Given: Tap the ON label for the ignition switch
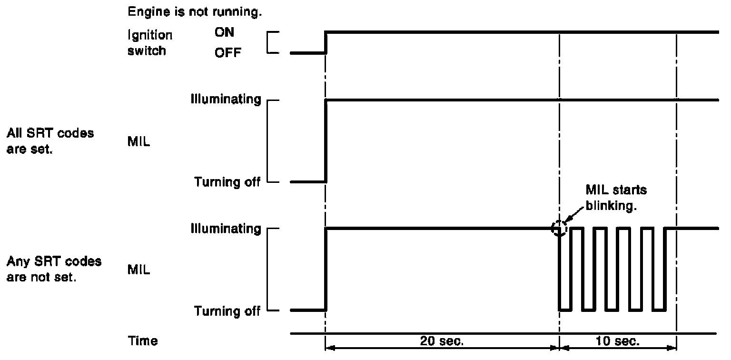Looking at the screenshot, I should pyautogui.click(x=224, y=32).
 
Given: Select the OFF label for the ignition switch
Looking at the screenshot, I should pyautogui.click(x=227, y=53).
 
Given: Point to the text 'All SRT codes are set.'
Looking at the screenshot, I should pyautogui.click(x=50, y=140).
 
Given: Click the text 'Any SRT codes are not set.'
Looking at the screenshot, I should pyautogui.click(x=54, y=269).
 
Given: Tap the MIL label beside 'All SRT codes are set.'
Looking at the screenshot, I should pyautogui.click(x=139, y=141).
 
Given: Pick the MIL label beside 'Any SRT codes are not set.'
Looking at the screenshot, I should pyautogui.click(x=139, y=270).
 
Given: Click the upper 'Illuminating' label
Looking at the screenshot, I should pyautogui.click(x=226, y=100).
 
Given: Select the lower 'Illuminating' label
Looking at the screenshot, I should pyautogui.click(x=226, y=229).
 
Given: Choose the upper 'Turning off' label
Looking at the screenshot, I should pyautogui.click(x=227, y=182).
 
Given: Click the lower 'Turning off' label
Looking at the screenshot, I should pyautogui.click(x=227, y=311).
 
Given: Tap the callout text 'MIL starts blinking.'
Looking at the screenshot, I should pyautogui.click(x=616, y=196).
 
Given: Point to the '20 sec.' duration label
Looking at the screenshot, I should pyautogui.click(x=442, y=341).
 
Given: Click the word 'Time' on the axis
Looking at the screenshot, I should pyautogui.click(x=143, y=341).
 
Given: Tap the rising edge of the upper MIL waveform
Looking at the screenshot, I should pyautogui.click(x=326, y=141).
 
